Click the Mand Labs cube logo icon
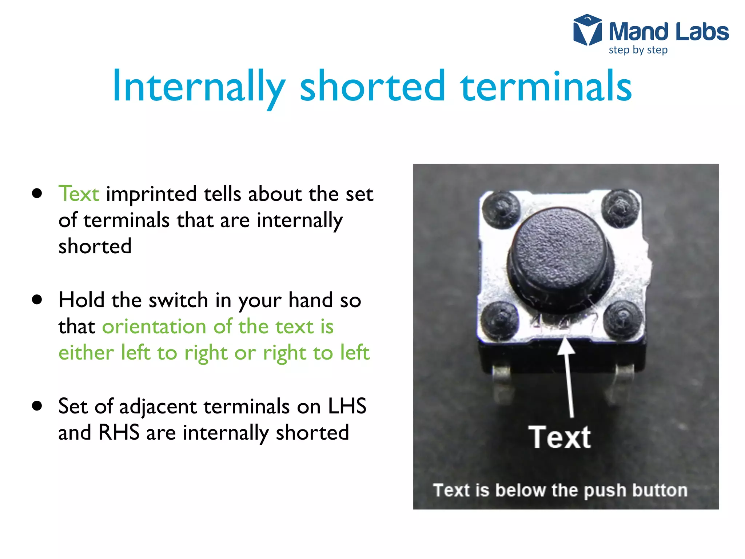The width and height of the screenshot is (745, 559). pos(587,30)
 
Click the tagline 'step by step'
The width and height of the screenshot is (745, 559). pos(638,50)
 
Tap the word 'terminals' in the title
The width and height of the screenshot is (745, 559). pos(546,87)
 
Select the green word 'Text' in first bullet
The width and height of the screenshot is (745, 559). pos(79,194)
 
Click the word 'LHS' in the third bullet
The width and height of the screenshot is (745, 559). pos(347,406)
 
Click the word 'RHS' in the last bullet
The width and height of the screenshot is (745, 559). pos(119,433)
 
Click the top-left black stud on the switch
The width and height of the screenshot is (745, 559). pos(501,210)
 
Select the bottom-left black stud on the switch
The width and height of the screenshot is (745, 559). pos(500,320)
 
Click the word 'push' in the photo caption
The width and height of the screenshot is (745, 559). pos(605,491)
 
